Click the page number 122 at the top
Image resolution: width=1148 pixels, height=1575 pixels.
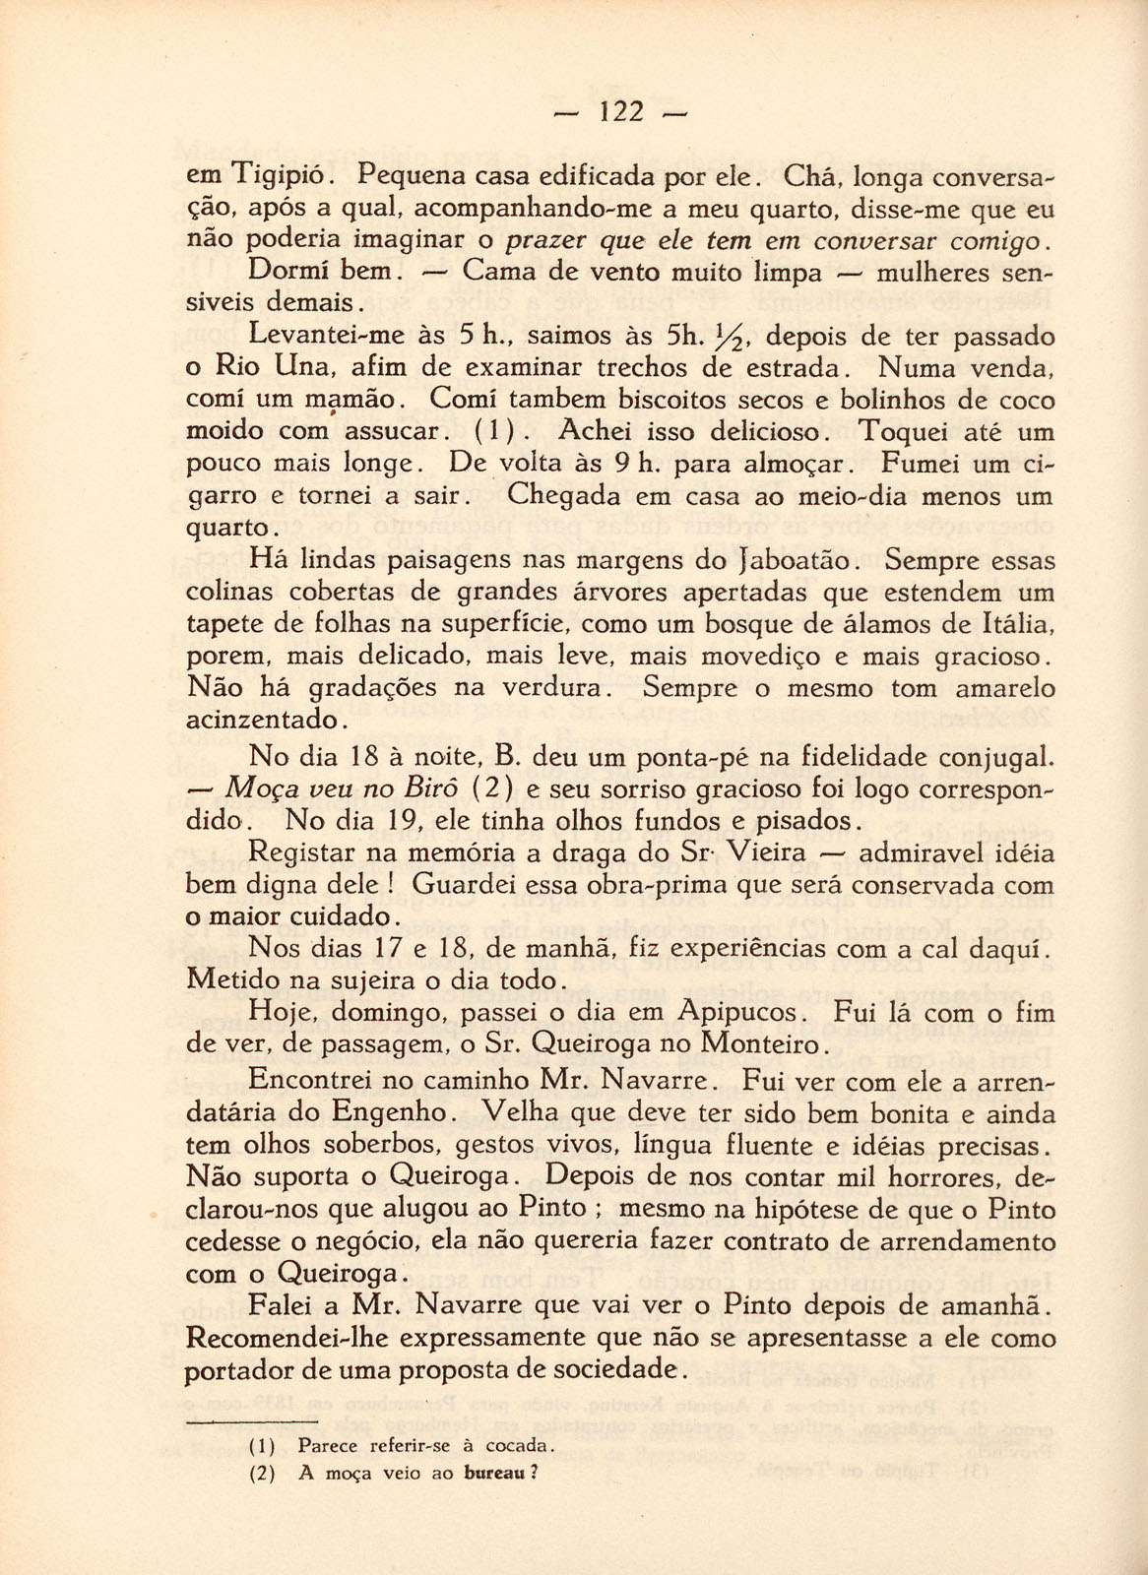pos(620,112)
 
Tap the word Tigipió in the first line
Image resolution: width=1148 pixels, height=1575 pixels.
pos(279,178)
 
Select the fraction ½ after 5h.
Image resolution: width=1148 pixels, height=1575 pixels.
pos(731,338)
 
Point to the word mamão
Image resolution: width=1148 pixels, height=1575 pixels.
pos(354,401)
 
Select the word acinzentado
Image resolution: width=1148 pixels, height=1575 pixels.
pos(264,720)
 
